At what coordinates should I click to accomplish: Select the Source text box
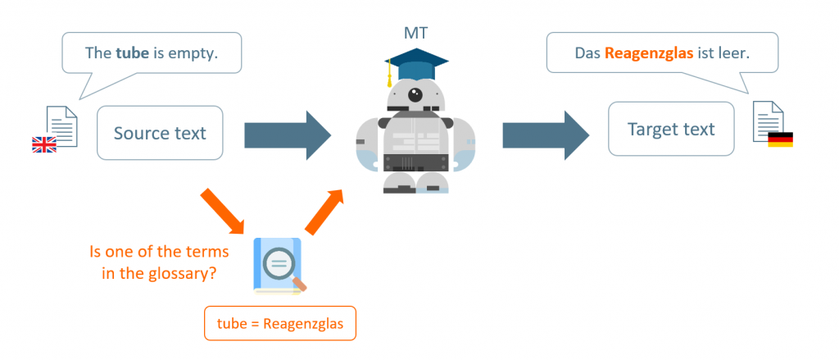pos(160,133)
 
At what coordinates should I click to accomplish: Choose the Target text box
pos(670,129)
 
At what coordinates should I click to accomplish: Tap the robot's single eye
pos(417,93)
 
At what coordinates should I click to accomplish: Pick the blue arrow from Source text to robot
pos(287,133)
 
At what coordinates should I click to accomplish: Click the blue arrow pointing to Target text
pos(545,133)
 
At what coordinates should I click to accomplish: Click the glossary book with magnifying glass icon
pos(279,264)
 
